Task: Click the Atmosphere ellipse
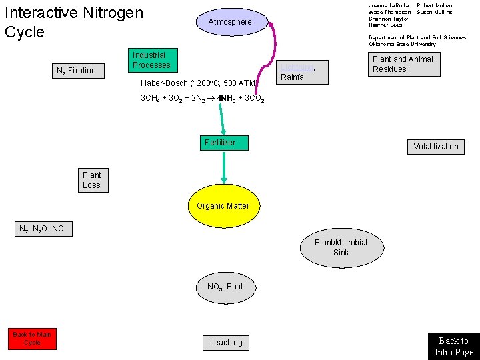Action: click(x=231, y=22)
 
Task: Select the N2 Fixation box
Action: click(x=79, y=71)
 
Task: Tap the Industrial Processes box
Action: click(x=152, y=61)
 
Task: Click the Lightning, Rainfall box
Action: click(x=303, y=72)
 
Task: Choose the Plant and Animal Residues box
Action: click(x=404, y=64)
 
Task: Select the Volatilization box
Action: click(x=436, y=147)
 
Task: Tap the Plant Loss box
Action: click(x=92, y=180)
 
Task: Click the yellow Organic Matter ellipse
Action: click(x=223, y=206)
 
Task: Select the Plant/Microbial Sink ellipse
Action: click(x=341, y=247)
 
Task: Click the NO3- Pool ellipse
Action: click(x=225, y=287)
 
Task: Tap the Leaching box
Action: click(x=226, y=343)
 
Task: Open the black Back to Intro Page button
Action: click(x=453, y=346)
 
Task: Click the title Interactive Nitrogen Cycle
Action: click(x=73, y=22)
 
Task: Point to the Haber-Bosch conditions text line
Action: click(x=199, y=83)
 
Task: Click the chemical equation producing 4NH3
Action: click(x=203, y=99)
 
